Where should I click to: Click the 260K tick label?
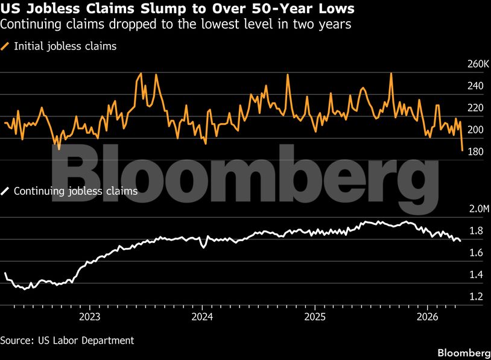point(472,65)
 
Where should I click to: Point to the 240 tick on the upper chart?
point(475,86)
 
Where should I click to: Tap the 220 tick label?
point(475,108)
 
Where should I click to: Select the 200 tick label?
point(475,130)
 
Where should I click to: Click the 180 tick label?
point(475,151)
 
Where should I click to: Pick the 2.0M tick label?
point(472,209)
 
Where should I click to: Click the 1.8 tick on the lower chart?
point(476,231)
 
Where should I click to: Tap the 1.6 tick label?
point(476,253)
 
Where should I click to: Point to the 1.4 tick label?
point(476,274)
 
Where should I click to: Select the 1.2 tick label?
point(476,296)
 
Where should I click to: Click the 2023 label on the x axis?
point(89,317)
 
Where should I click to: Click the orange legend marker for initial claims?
point(5,46)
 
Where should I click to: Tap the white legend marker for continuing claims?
point(5,191)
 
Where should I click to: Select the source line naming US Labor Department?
point(67,341)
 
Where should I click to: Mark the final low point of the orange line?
point(462,150)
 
